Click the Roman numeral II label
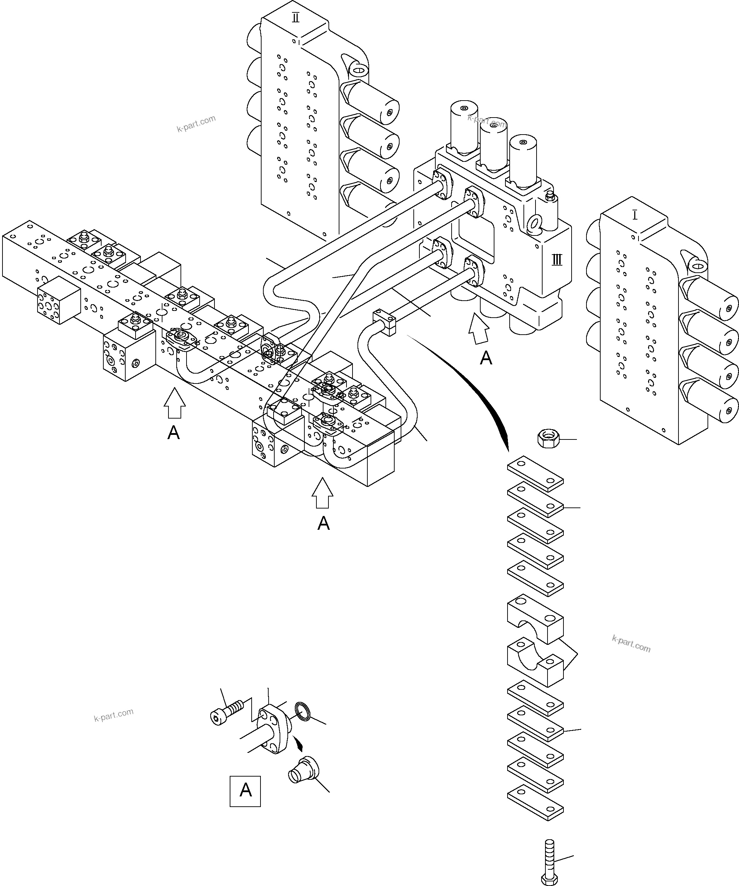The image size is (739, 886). (x=296, y=18)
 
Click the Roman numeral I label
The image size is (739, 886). (x=635, y=215)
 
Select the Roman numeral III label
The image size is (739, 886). (x=557, y=260)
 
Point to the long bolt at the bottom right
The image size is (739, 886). (x=549, y=861)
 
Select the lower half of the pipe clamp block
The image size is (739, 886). (x=535, y=666)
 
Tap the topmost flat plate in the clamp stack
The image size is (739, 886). (x=535, y=474)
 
